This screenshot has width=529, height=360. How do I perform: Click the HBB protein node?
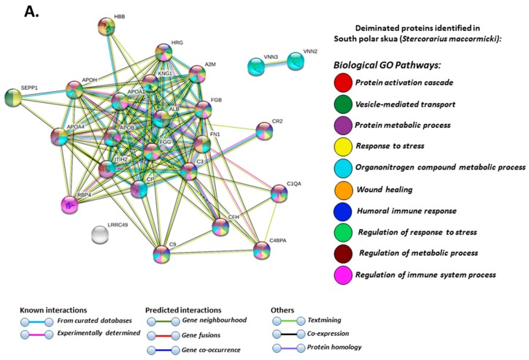[x=107, y=27]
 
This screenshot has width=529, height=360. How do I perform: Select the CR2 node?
[x=264, y=131]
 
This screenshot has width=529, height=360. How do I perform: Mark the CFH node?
[x=220, y=228]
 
